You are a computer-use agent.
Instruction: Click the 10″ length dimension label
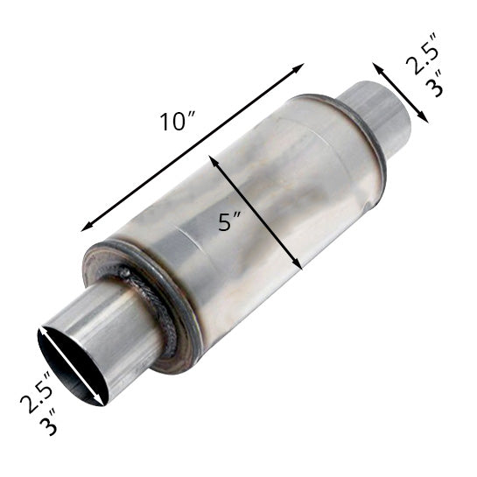(178, 122)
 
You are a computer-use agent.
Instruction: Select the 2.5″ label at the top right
(422, 53)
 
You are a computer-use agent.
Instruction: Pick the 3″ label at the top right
(434, 84)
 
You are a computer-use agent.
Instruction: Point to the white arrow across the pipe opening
(72, 366)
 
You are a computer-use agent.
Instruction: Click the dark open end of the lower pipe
(72, 367)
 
